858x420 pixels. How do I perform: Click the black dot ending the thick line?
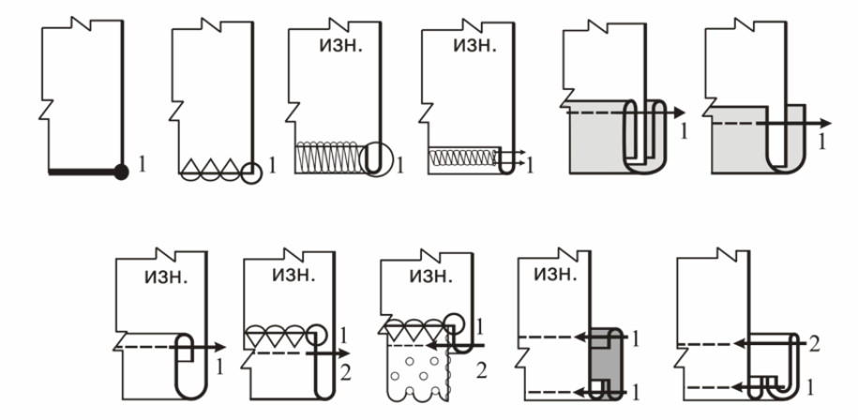(121, 171)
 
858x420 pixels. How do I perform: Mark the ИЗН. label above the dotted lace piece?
(419, 277)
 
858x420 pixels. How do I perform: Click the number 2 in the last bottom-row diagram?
(815, 344)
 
